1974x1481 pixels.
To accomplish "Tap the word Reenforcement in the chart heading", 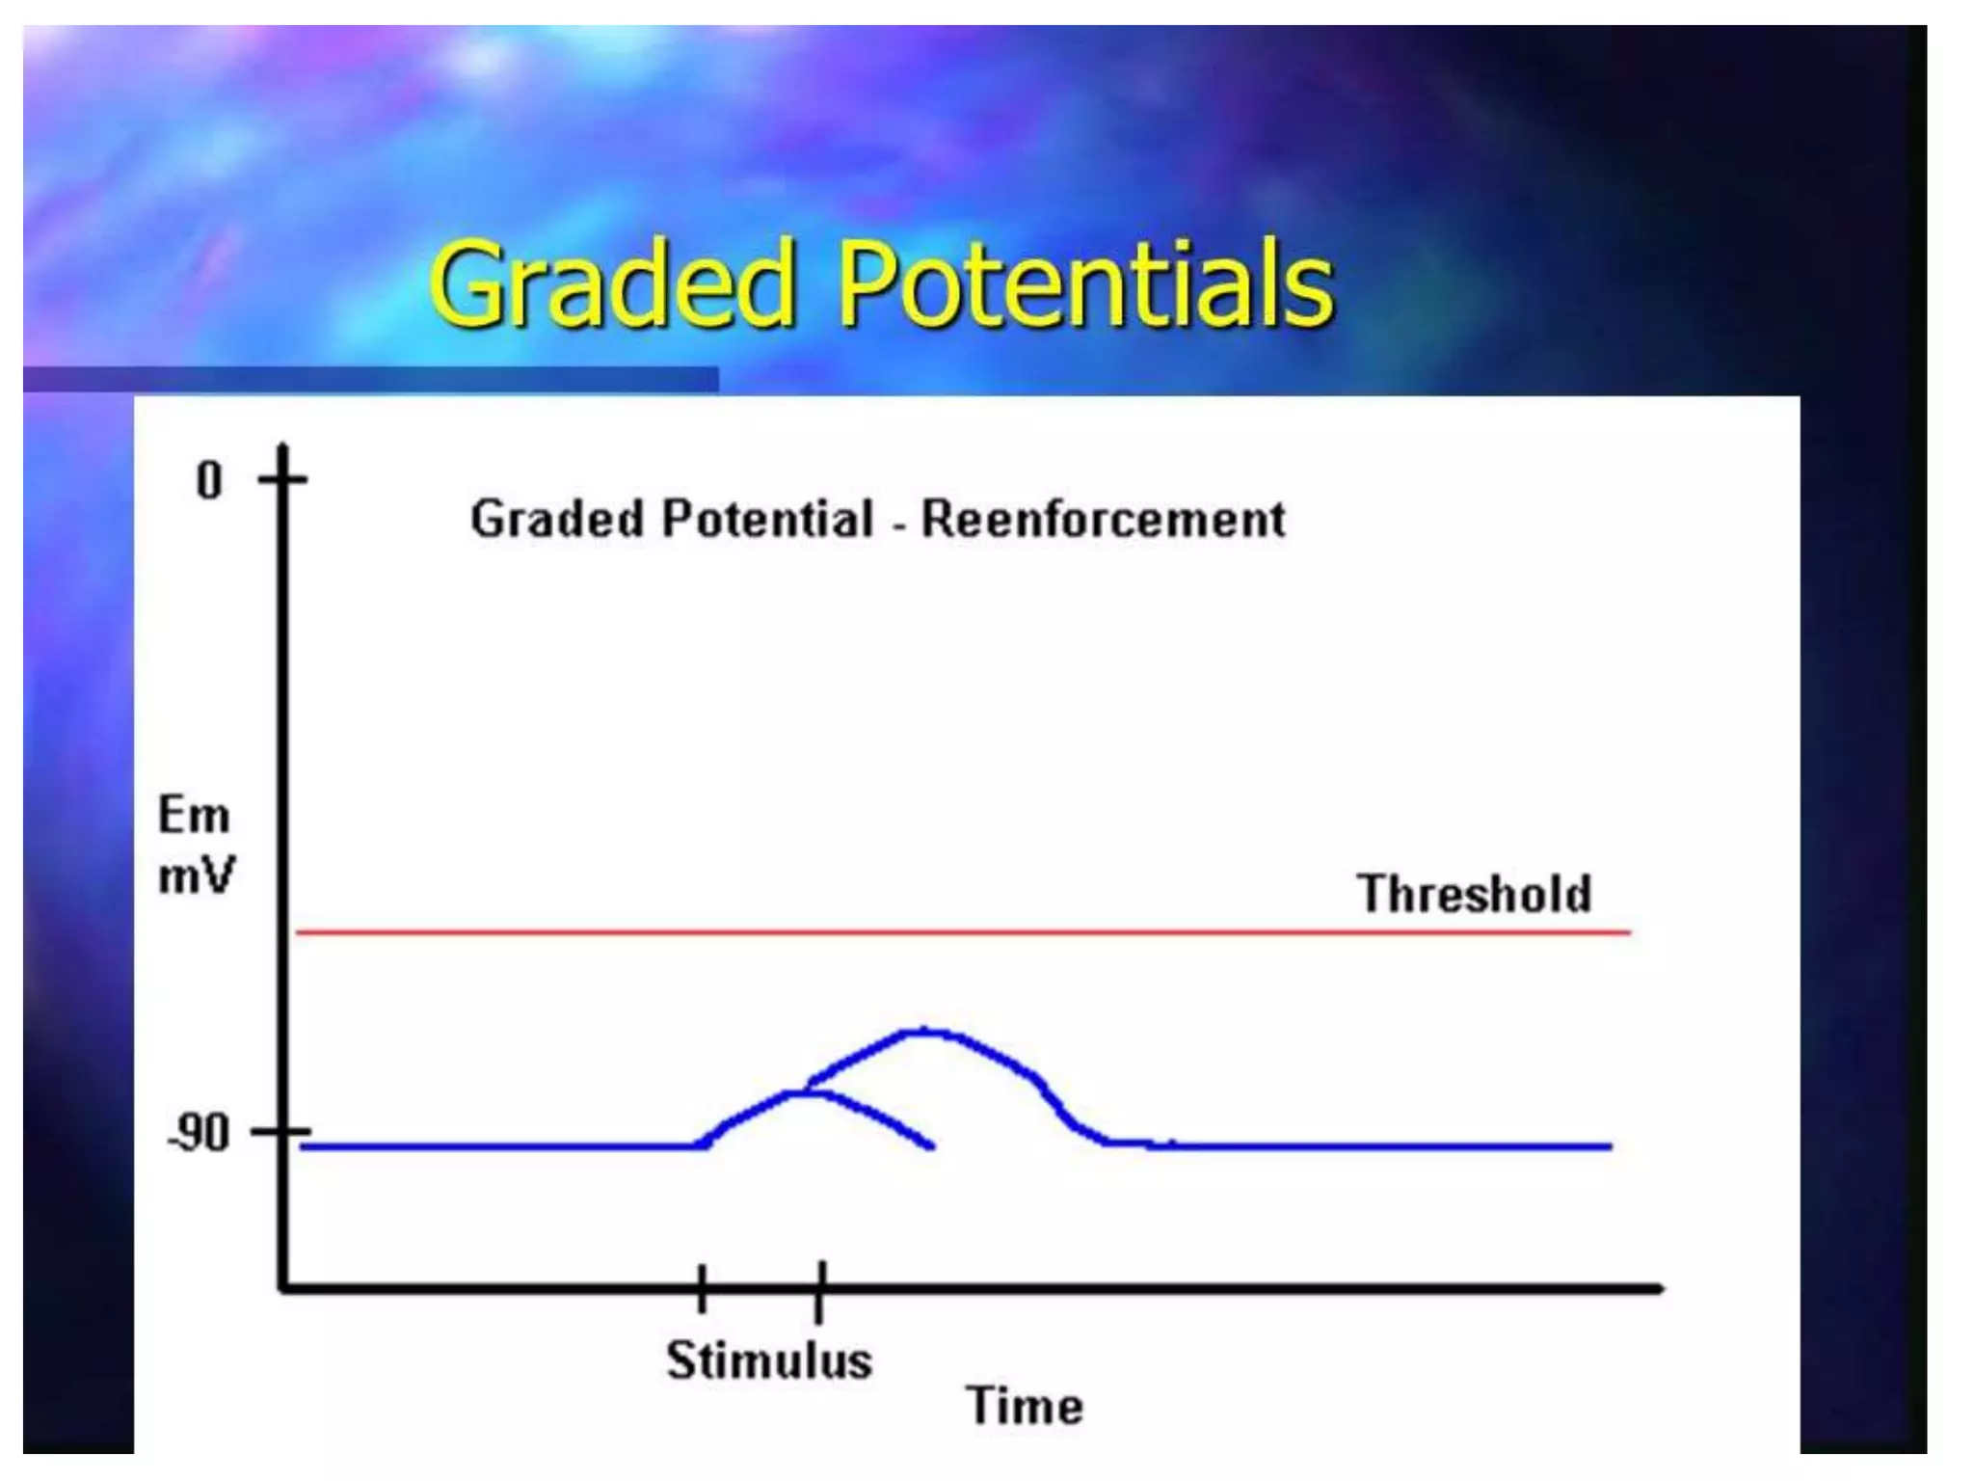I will pyautogui.click(x=1103, y=520).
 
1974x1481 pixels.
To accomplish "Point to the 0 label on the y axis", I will pyautogui.click(x=209, y=480).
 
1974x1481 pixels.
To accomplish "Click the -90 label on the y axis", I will pyautogui.click(x=200, y=1134).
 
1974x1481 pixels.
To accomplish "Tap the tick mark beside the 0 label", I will pyautogui.click(x=282, y=478).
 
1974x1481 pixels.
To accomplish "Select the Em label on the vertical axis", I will pyautogui.click(x=194, y=817).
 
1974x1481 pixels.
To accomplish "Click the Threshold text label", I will pyautogui.click(x=1474, y=894).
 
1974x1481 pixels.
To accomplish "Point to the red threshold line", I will pyautogui.click(x=964, y=932).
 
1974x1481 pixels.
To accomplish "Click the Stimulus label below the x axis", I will pyautogui.click(x=769, y=1360).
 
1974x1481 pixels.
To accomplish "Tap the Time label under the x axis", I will pyautogui.click(x=1025, y=1406).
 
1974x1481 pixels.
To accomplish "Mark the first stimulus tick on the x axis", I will pyautogui.click(x=703, y=1288).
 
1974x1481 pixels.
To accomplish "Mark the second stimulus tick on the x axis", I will pyautogui.click(x=819, y=1290).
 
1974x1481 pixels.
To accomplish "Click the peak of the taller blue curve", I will pyautogui.click(x=923, y=1031).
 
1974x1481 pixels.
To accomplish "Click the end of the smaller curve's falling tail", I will pyautogui.click(x=931, y=1146).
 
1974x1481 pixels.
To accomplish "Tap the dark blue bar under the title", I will pyautogui.click(x=371, y=379).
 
